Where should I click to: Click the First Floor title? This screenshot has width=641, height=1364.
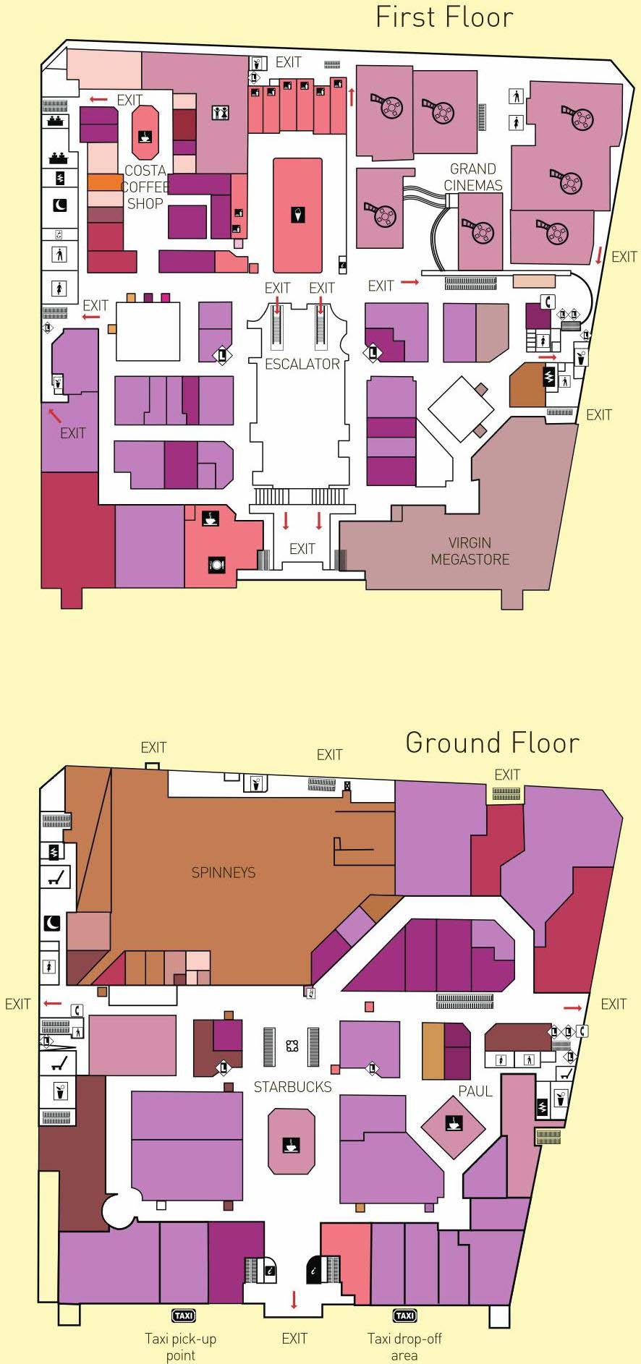444,17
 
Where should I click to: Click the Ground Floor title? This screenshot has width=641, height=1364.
492,743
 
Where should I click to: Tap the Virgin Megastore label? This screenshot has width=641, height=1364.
470,550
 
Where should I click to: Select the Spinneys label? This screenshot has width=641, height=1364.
224,872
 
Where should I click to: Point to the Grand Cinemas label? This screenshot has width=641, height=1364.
473,176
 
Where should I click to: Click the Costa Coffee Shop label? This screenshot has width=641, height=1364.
145,187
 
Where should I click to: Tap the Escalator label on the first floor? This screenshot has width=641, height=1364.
302,364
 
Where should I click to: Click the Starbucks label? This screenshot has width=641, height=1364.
292,1086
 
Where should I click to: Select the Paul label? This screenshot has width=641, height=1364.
475,1091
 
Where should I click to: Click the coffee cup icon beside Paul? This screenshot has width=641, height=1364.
454,1123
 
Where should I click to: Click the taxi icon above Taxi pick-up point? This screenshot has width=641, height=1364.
184,1316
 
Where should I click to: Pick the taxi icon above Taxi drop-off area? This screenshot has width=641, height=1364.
404,1316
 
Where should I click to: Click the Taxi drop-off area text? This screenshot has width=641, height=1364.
404,1347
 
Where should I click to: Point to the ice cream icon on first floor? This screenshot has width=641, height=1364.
298,214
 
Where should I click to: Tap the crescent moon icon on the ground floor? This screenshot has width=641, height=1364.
54,923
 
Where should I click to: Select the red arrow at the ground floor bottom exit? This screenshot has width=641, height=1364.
294,1299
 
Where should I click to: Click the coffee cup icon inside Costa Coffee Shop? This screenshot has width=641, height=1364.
145,135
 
